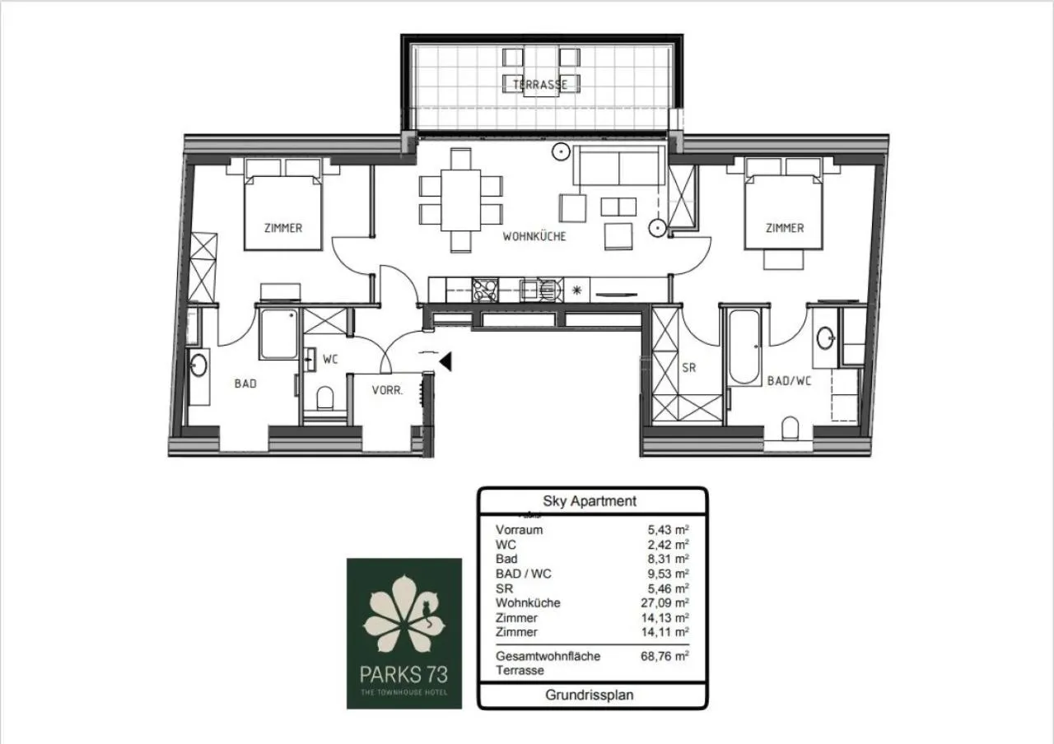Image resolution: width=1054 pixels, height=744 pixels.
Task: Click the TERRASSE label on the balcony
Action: (x=540, y=85)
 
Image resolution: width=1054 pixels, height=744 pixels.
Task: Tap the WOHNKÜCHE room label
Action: (x=534, y=237)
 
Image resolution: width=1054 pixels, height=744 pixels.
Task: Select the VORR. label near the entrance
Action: (x=387, y=391)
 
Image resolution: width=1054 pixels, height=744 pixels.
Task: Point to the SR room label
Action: (x=688, y=368)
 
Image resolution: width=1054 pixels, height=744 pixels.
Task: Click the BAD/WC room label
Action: (x=789, y=381)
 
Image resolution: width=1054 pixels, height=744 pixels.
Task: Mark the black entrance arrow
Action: (x=445, y=361)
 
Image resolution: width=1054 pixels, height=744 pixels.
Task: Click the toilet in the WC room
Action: (x=324, y=399)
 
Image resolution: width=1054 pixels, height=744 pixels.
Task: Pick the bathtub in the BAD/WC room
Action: (x=746, y=346)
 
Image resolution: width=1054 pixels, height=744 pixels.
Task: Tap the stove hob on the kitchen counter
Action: (x=485, y=289)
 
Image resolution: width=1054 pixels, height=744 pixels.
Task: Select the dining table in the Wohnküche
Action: (x=460, y=200)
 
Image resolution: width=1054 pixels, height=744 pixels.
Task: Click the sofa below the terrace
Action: (x=619, y=166)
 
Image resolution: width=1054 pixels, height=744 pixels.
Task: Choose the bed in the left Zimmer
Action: (x=282, y=212)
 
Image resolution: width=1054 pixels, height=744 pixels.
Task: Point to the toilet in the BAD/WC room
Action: (x=790, y=429)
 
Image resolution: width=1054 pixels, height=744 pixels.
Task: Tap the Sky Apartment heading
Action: (x=589, y=500)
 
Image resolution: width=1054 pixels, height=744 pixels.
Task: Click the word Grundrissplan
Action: (x=590, y=695)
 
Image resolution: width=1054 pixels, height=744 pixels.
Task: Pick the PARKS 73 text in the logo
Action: (x=404, y=675)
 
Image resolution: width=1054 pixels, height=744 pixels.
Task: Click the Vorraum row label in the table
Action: (x=519, y=530)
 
